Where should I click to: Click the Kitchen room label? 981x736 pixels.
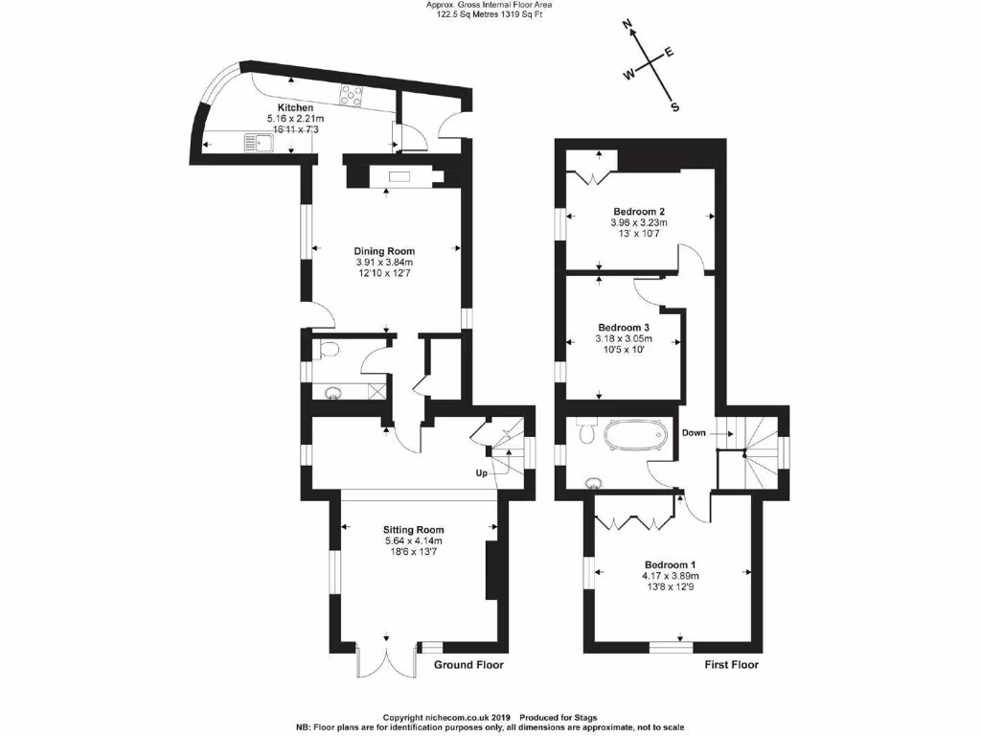pos(296,107)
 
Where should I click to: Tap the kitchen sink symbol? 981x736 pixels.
pos(258,144)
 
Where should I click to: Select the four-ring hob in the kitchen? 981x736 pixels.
pos(352,95)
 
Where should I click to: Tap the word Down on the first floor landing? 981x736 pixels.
pos(695,433)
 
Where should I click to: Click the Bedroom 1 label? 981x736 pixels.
pos(671,564)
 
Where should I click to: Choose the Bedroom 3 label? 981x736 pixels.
pos(623,327)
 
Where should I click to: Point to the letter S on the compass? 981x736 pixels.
pos(674,107)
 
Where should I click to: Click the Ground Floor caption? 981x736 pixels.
pos(468,665)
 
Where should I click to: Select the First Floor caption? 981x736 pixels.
pos(732,665)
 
